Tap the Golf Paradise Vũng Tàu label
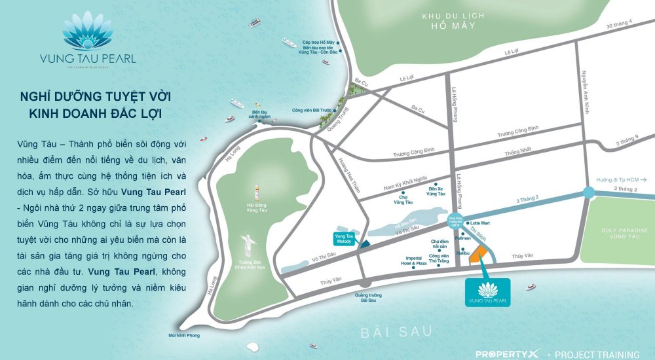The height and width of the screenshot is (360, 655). pos(624,234)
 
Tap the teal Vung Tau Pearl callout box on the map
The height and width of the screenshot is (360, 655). pos(488,291)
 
